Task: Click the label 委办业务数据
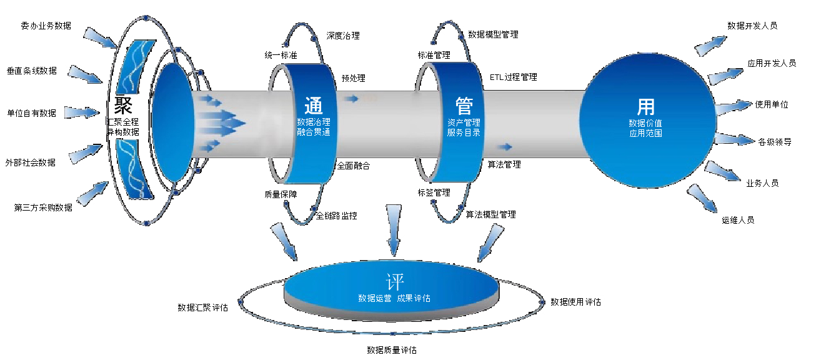coord(46,26)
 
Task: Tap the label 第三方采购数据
coord(43,207)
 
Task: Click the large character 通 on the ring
coord(314,104)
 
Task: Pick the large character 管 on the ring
coord(464,104)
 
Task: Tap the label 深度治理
coord(343,36)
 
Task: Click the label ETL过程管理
coord(513,77)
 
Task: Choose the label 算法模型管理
coord(491,214)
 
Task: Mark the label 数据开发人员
coord(752,26)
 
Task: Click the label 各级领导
coord(775,142)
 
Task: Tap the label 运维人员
coord(738,220)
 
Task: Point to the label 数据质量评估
coord(392,350)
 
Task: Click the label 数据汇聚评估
coord(202,307)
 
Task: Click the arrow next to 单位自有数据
coord(81,113)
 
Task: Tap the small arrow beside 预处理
coord(351,98)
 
